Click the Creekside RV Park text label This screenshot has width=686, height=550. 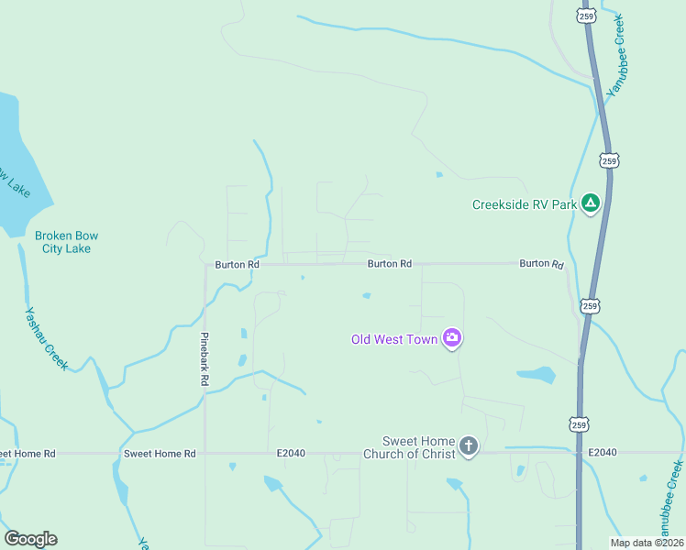pyautogui.click(x=524, y=204)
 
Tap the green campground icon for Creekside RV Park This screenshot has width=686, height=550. pyautogui.click(x=592, y=203)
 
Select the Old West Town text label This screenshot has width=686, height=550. pyautogui.click(x=394, y=339)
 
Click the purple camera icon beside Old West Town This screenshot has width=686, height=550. pyautogui.click(x=451, y=338)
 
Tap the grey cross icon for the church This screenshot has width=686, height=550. pyautogui.click(x=468, y=447)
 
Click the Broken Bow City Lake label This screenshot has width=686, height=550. pyautogui.click(x=66, y=242)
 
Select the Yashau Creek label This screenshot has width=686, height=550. pyautogui.click(x=46, y=338)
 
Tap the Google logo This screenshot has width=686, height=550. pyautogui.click(x=30, y=539)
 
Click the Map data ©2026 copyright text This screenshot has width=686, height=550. pyautogui.click(x=647, y=543)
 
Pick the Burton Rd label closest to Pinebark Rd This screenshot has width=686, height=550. pyautogui.click(x=237, y=264)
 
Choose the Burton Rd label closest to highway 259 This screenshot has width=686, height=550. pyautogui.click(x=541, y=263)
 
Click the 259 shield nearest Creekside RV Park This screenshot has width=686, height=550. pyautogui.click(x=610, y=160)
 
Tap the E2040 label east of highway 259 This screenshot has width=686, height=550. pyautogui.click(x=603, y=453)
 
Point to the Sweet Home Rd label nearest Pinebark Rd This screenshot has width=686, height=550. pyautogui.click(x=160, y=454)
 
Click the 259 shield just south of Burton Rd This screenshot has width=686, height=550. pyautogui.click(x=590, y=304)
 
